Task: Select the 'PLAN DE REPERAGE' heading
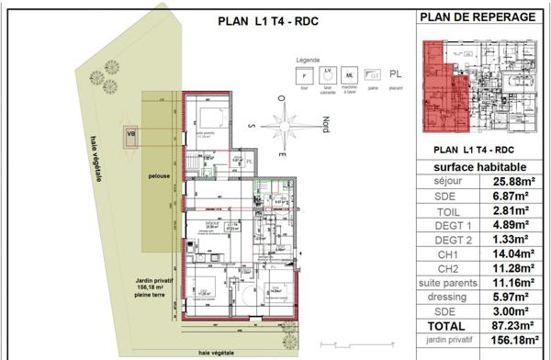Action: pyautogui.click(x=478, y=17)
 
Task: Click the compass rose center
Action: pyautogui.click(x=286, y=123)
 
